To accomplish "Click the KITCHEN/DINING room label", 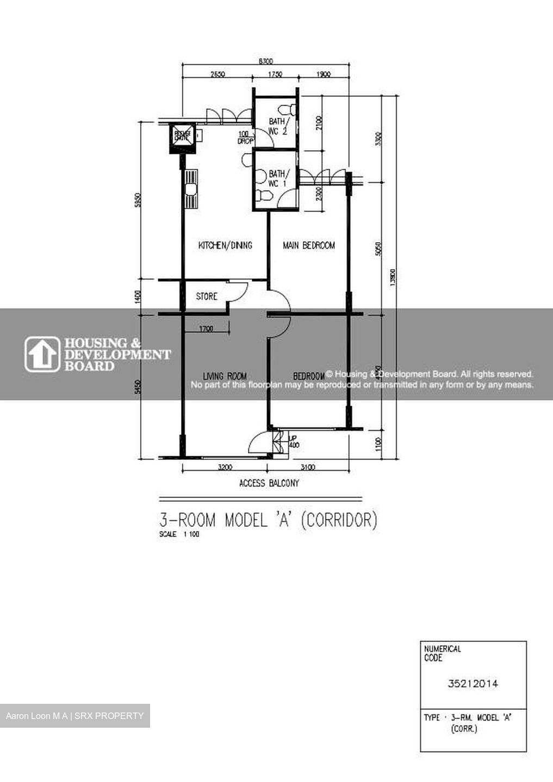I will point(225,245).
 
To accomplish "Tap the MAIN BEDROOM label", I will point(308,245).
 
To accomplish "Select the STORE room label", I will point(206,297).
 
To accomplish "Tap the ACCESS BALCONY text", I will point(269,483).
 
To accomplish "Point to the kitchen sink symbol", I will point(190,189).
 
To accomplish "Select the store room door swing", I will point(238,292).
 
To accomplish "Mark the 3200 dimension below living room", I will point(225,467).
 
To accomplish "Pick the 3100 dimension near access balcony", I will point(307,467).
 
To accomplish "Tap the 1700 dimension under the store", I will point(206,329).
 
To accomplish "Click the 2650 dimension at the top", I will point(218,75).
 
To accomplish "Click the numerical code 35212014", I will point(473,684).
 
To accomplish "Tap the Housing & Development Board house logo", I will point(42,354).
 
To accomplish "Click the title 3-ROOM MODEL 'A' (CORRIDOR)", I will point(268,520).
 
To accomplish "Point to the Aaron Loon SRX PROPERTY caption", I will point(74,716).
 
